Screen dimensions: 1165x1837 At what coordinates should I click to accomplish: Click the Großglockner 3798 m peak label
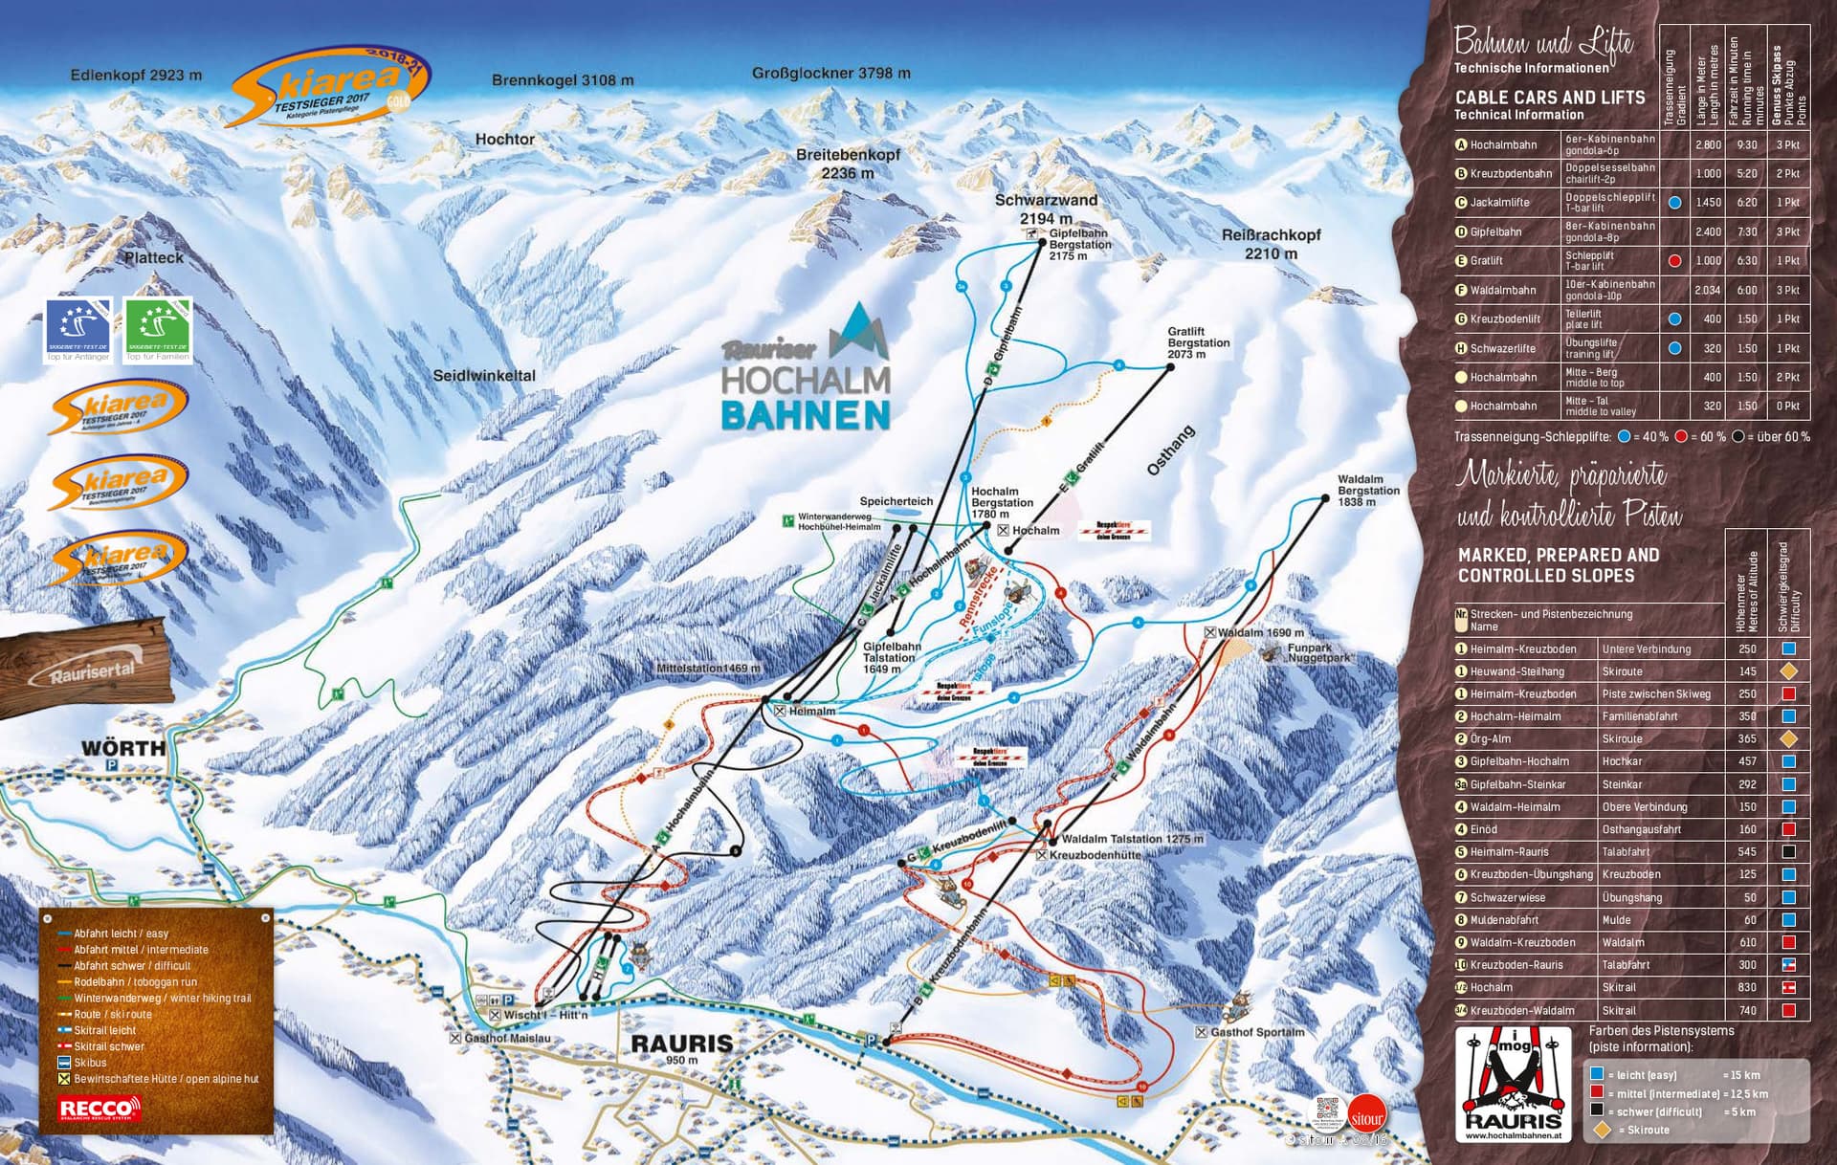tap(830, 74)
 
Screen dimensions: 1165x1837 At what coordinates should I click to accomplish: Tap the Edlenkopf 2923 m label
tap(136, 76)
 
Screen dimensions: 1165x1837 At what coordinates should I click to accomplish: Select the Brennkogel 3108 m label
tap(563, 80)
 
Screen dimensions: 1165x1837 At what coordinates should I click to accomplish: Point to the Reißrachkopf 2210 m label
tap(1271, 244)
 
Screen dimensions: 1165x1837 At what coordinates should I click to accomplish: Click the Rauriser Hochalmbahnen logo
tap(807, 372)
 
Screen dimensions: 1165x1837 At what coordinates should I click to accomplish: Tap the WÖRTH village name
tap(122, 748)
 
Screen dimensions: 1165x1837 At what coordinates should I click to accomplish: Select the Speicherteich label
tap(896, 501)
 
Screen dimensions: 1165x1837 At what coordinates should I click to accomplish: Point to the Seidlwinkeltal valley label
tap(484, 376)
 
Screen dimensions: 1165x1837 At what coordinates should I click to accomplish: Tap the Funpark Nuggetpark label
tap(1318, 653)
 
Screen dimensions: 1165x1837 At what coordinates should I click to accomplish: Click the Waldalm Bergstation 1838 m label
tap(1367, 491)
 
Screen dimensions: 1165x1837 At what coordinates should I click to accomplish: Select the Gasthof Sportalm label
tap(1256, 1032)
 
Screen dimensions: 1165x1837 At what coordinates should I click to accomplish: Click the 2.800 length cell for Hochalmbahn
tap(1707, 145)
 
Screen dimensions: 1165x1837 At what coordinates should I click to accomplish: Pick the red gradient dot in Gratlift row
tap(1674, 261)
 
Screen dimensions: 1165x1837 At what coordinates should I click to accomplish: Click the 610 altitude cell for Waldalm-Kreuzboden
tap(1747, 942)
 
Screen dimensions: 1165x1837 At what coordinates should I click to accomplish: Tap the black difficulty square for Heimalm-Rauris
tap(1788, 851)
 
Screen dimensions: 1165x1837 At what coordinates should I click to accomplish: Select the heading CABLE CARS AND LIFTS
tap(1549, 98)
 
